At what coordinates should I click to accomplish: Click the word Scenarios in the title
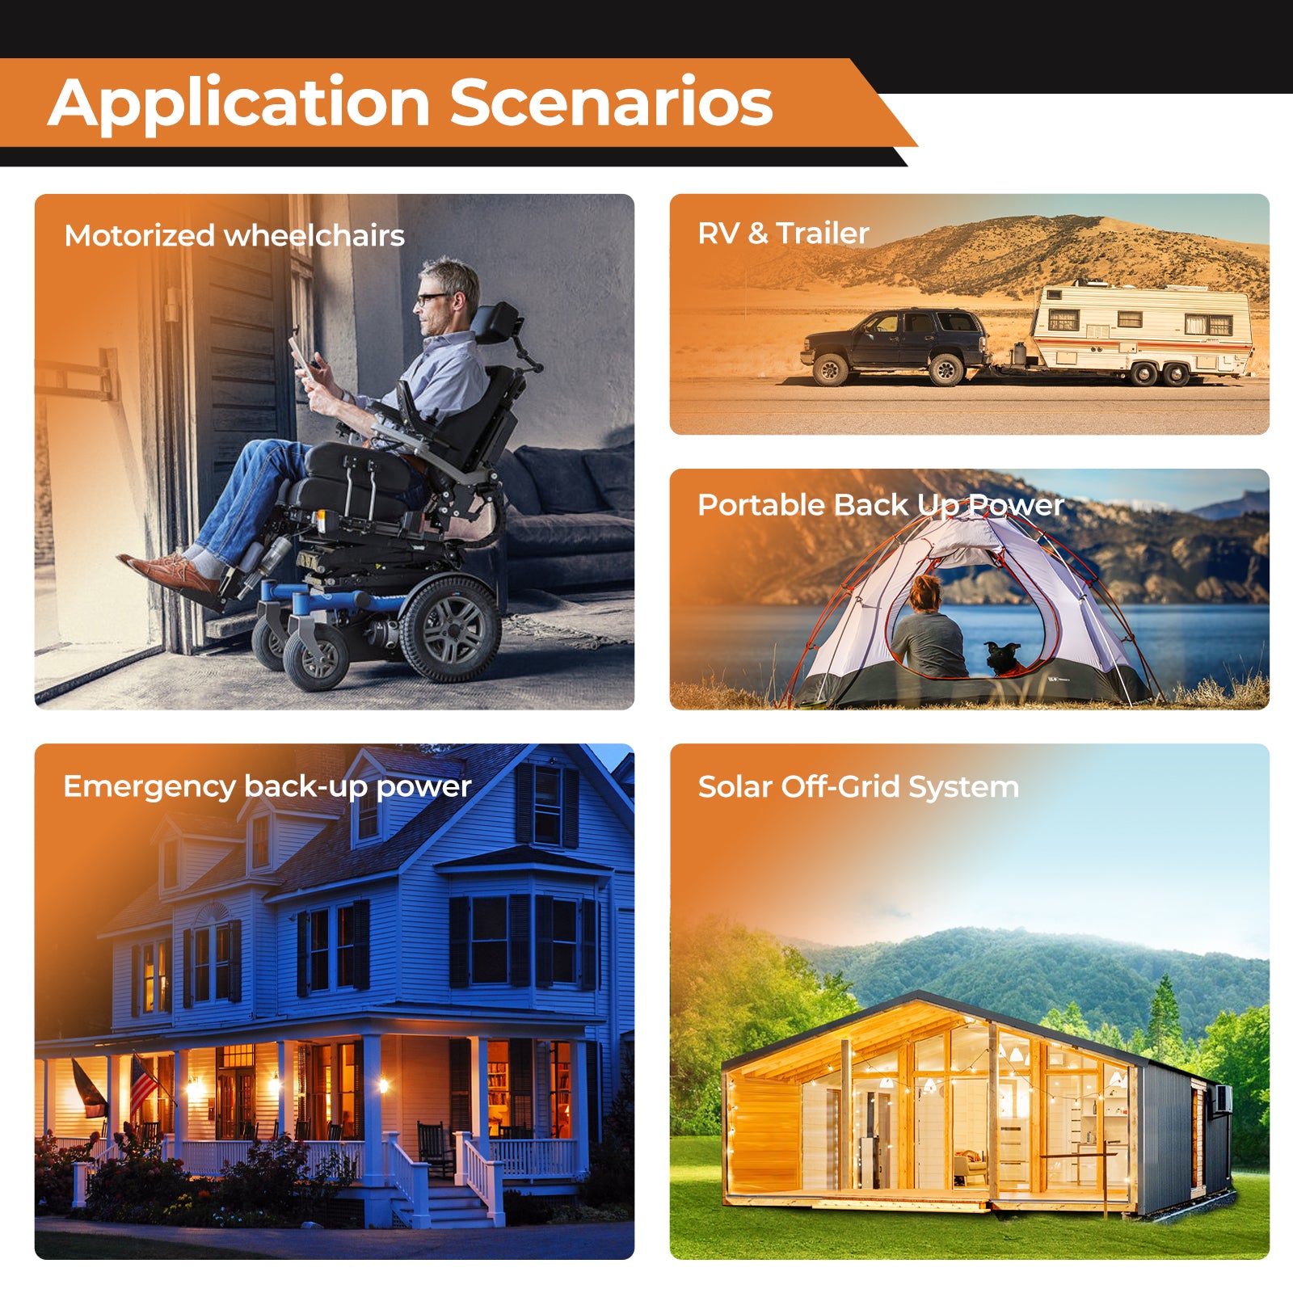point(611,103)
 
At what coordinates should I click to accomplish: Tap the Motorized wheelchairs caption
point(234,236)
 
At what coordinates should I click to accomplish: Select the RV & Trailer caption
point(783,234)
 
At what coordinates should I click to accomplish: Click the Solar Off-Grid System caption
point(858,786)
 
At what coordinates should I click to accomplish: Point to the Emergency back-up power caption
point(267,786)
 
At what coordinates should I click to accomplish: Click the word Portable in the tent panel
point(760,505)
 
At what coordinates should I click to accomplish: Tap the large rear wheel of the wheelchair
point(451,628)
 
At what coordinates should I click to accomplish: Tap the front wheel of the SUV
point(830,370)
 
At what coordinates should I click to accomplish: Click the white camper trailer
point(1141,329)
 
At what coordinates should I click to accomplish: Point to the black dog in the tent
point(1002,656)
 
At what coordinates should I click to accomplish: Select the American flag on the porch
point(142,1082)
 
